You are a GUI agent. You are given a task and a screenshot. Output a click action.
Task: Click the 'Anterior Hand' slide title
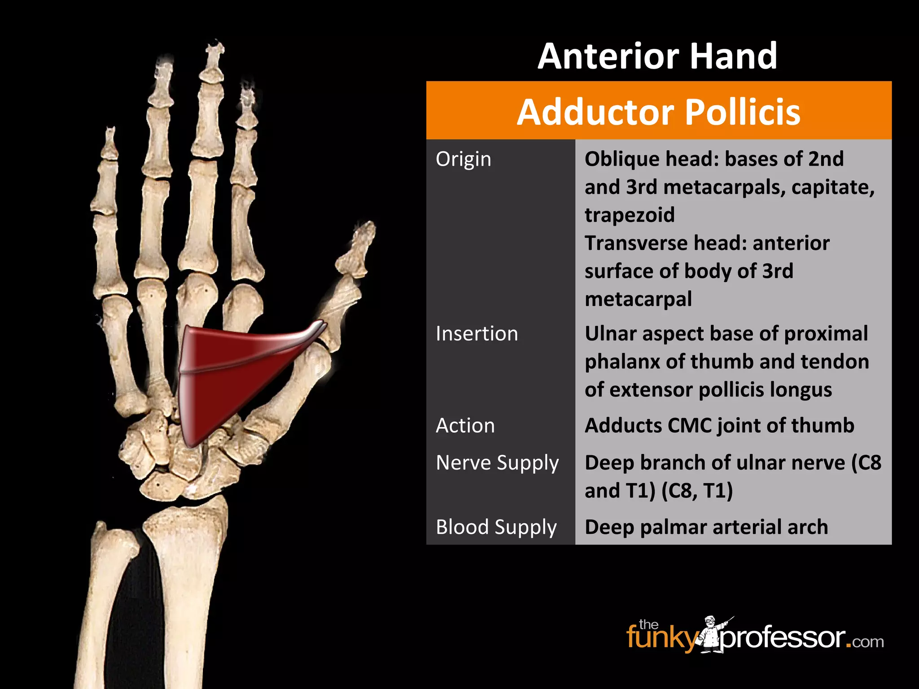[657, 56]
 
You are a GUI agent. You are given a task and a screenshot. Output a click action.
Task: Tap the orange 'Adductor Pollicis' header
[658, 111]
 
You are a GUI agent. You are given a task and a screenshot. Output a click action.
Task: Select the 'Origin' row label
[463, 159]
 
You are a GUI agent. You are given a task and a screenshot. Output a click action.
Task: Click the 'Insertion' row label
[477, 334]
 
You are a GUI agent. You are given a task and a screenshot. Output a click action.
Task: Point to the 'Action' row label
[465, 426]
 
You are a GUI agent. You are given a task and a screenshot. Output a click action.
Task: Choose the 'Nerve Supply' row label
[497, 463]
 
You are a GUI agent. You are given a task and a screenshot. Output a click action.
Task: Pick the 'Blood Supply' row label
[496, 527]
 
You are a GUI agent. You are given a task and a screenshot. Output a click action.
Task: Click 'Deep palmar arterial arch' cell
[706, 527]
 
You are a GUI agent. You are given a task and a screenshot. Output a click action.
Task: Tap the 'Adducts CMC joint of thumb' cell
[719, 426]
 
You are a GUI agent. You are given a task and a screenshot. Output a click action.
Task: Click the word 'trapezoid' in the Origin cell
[629, 215]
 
